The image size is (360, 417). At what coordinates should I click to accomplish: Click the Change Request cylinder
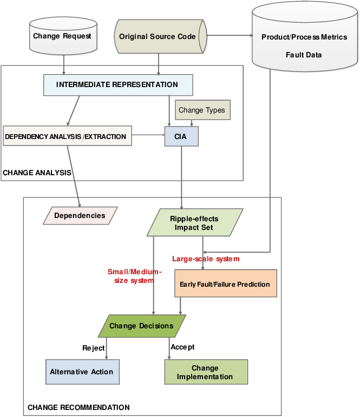pyautogui.click(x=62, y=36)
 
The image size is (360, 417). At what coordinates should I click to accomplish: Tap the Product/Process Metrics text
pyautogui.click(x=304, y=37)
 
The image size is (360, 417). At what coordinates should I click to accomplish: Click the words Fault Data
pyautogui.click(x=304, y=55)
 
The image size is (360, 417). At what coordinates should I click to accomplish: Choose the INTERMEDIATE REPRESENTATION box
pyautogui.click(x=117, y=85)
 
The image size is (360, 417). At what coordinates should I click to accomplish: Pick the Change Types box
pyautogui.click(x=202, y=110)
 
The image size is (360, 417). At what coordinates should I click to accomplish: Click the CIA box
pyautogui.click(x=181, y=137)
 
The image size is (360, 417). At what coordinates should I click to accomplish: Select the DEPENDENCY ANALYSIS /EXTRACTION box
pyautogui.click(x=66, y=137)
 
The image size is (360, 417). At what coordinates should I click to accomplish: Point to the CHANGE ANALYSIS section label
pyautogui.click(x=37, y=173)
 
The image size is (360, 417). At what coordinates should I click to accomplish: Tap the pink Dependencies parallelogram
pyautogui.click(x=80, y=216)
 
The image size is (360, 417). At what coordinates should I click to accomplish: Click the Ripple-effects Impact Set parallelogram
pyautogui.click(x=194, y=223)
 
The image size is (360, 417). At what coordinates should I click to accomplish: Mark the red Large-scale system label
pyautogui.click(x=206, y=259)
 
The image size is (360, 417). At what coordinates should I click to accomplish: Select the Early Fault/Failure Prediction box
pyautogui.click(x=225, y=284)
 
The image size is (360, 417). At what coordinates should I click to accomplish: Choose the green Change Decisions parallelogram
pyautogui.click(x=141, y=326)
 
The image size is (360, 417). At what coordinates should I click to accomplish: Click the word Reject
pyautogui.click(x=93, y=348)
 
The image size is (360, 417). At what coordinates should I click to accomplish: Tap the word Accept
pyautogui.click(x=182, y=347)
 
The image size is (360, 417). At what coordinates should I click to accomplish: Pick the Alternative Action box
pyautogui.click(x=82, y=372)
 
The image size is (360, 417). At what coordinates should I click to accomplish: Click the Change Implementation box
pyautogui.click(x=205, y=372)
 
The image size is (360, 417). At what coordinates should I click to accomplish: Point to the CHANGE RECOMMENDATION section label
pyautogui.click(x=78, y=407)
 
